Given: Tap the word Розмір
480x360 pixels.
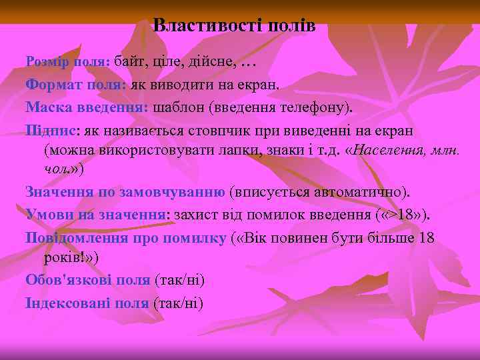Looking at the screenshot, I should (45, 62).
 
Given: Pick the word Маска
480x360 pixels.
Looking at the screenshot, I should (47, 107).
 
